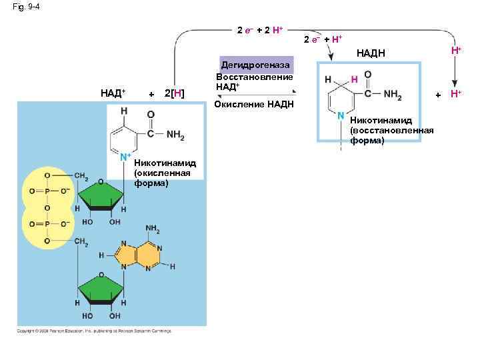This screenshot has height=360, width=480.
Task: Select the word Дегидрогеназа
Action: click(x=255, y=65)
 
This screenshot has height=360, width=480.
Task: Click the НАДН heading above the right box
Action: click(x=371, y=53)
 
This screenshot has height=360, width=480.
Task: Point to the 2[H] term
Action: click(x=175, y=93)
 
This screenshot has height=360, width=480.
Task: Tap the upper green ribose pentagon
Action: click(x=101, y=197)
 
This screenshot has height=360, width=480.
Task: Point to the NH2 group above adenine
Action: click(x=153, y=229)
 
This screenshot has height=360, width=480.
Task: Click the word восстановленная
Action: click(x=391, y=131)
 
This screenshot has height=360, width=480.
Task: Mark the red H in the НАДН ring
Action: click(x=354, y=79)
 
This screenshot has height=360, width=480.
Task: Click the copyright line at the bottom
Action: click(x=94, y=331)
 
